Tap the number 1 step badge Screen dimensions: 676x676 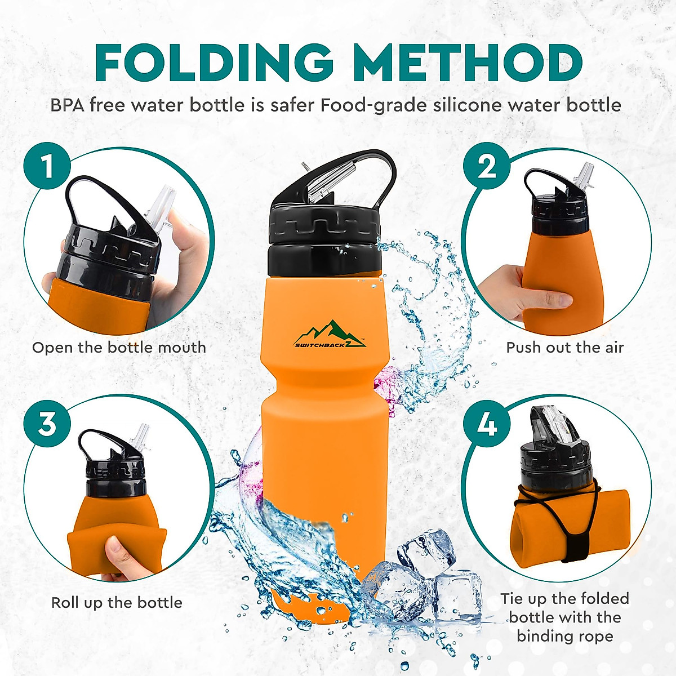click(x=47, y=167)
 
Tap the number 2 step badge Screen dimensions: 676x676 click(x=487, y=167)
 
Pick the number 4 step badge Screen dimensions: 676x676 click(x=487, y=424)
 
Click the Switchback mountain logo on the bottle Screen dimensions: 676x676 click(x=330, y=335)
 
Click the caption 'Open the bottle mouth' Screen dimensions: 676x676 click(x=119, y=348)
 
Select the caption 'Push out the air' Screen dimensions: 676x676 click(x=565, y=348)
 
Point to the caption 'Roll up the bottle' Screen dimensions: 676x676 click(x=117, y=603)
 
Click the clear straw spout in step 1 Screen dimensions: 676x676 click(x=161, y=208)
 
